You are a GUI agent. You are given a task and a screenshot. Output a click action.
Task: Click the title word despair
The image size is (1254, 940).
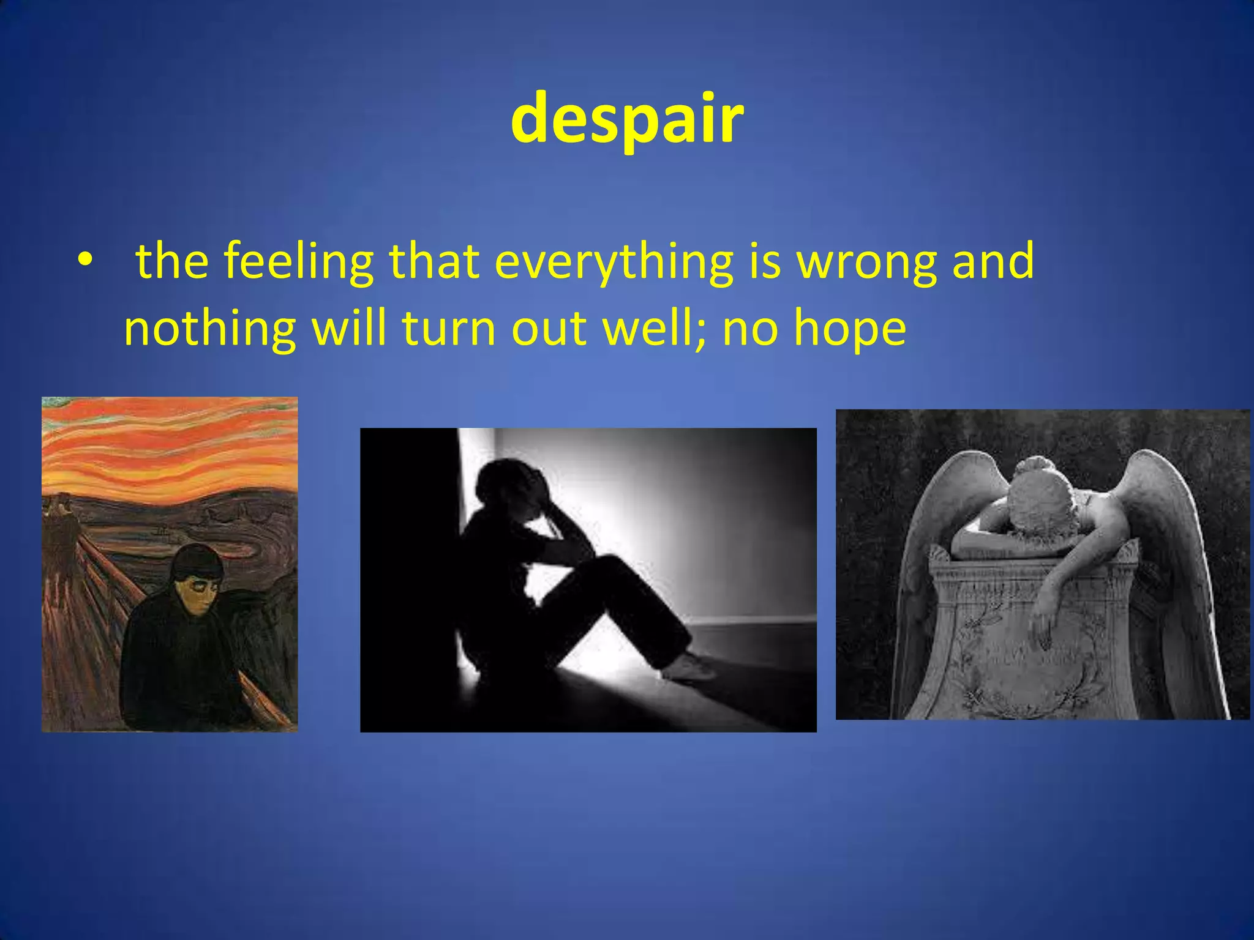pyautogui.click(x=627, y=119)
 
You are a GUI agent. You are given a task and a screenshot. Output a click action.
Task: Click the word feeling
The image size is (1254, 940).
pyautogui.click(x=298, y=262)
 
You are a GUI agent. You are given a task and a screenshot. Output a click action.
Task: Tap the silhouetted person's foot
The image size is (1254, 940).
pyautogui.click(x=689, y=667)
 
